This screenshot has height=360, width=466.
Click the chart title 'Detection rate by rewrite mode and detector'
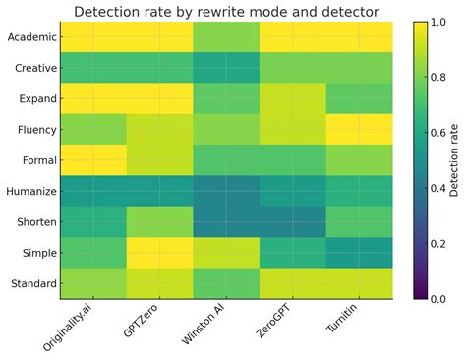click(226, 11)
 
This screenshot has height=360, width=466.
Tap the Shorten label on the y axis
click(31, 222)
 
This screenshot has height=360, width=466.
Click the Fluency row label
click(32, 130)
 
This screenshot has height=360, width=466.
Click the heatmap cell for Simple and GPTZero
click(160, 253)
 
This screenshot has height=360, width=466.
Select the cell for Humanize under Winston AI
click(226, 192)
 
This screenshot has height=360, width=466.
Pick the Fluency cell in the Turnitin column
click(359, 130)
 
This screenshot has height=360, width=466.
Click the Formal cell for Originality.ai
click(94, 161)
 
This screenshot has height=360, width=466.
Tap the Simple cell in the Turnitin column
click(359, 253)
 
